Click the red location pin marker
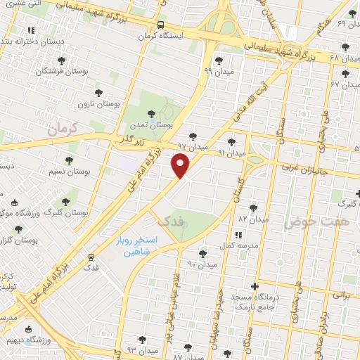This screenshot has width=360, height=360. click(x=181, y=166)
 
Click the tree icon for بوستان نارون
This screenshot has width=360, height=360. click(x=98, y=92)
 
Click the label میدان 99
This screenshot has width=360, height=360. click(x=217, y=71)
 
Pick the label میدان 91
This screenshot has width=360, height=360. click(x=231, y=153)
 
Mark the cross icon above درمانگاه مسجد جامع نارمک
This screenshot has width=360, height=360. click(x=254, y=286)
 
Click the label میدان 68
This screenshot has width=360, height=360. click(x=345, y=57)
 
